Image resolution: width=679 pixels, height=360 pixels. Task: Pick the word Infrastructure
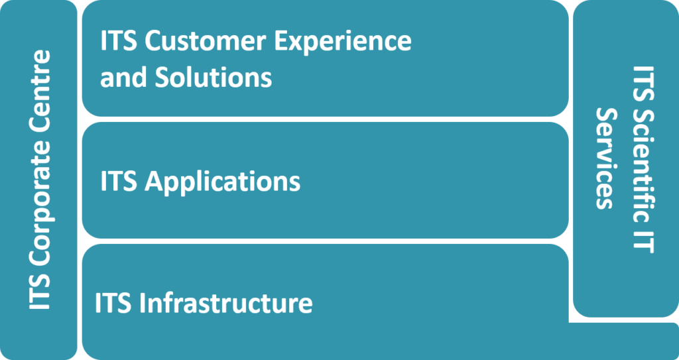[226, 303]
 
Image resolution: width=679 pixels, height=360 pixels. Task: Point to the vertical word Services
[607, 158]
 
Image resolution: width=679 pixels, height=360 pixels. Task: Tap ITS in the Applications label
[119, 181]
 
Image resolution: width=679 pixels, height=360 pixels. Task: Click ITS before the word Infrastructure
[114, 303]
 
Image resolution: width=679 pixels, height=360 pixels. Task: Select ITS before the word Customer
[119, 42]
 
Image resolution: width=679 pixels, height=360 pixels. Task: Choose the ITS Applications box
[325, 180]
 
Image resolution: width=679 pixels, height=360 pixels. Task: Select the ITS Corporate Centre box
[38, 180]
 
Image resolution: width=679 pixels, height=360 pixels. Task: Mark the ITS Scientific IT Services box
[626, 158]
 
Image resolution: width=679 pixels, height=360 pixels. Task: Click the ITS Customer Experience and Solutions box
[325, 58]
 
